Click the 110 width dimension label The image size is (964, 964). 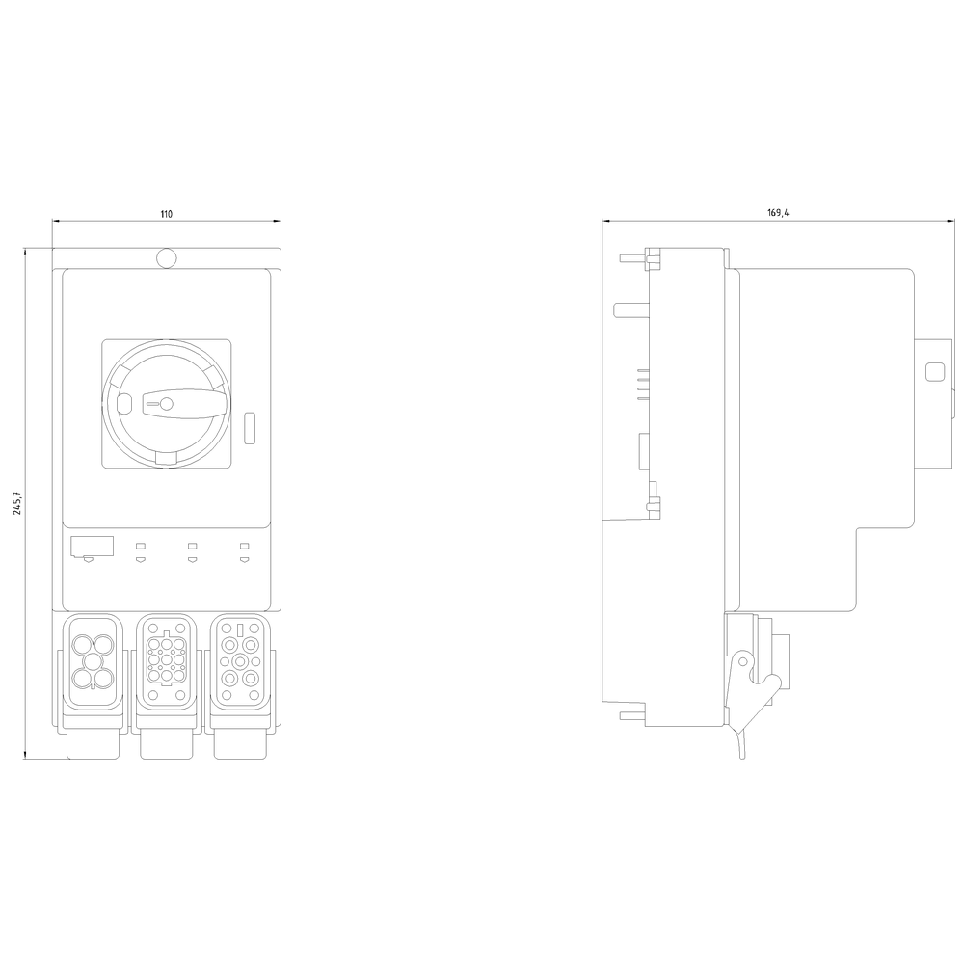[x=166, y=214]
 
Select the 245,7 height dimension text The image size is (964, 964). [x=17, y=503]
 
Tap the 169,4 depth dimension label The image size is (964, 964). [x=778, y=214]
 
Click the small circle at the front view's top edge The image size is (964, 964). [x=166, y=258]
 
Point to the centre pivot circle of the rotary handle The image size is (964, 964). [x=166, y=404]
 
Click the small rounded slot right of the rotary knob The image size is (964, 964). [x=252, y=427]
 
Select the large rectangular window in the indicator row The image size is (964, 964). [x=92, y=547]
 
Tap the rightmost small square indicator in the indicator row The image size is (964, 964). [x=244, y=546]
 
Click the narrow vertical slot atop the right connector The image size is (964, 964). [x=241, y=630]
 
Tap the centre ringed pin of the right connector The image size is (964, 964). [x=241, y=661]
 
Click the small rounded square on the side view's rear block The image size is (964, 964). [x=932, y=372]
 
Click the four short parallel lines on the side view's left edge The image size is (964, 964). [x=641, y=384]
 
